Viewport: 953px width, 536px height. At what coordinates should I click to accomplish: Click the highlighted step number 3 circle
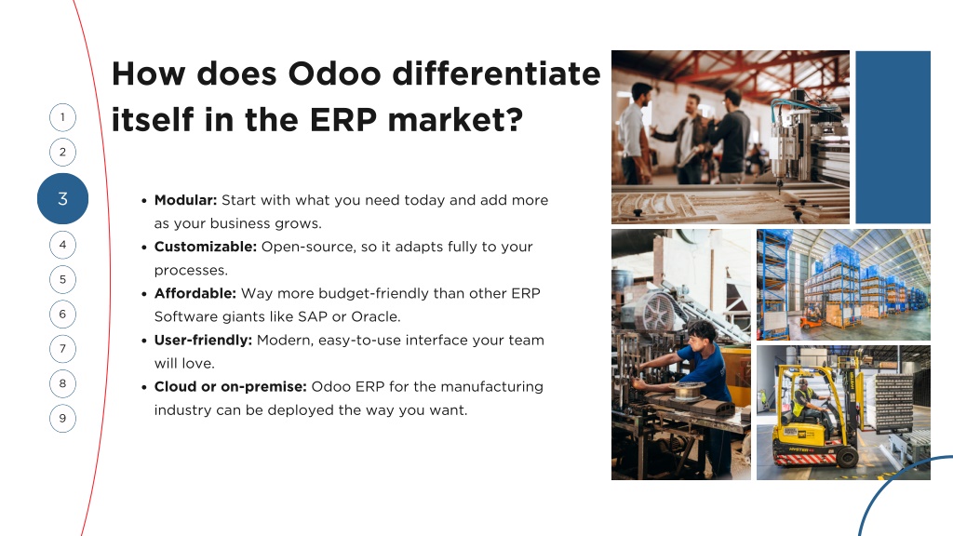pyautogui.click(x=62, y=199)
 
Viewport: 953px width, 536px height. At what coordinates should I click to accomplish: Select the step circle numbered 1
pyautogui.click(x=62, y=117)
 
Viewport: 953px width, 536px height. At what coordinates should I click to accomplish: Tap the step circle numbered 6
pyautogui.click(x=62, y=315)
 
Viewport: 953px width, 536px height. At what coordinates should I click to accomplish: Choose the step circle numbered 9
pyautogui.click(x=62, y=418)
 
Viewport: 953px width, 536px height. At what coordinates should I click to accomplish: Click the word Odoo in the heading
pyautogui.click(x=334, y=74)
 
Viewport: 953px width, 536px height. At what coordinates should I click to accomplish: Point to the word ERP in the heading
pyautogui.click(x=343, y=120)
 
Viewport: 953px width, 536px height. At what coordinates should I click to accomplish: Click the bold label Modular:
pyautogui.click(x=185, y=200)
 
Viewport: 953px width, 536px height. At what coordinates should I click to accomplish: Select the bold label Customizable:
pyautogui.click(x=206, y=247)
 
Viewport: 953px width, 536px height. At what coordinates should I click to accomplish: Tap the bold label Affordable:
pyautogui.click(x=195, y=293)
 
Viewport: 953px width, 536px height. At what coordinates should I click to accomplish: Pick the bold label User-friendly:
pyautogui.click(x=203, y=341)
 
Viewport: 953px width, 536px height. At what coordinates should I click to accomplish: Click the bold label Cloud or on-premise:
pyautogui.click(x=231, y=386)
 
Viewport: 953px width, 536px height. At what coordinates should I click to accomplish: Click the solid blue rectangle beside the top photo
pyautogui.click(x=893, y=138)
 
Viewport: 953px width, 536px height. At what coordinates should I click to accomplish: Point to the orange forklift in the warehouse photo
pyautogui.click(x=812, y=316)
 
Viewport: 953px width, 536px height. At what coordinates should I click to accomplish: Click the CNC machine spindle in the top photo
pyautogui.click(x=783, y=146)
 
